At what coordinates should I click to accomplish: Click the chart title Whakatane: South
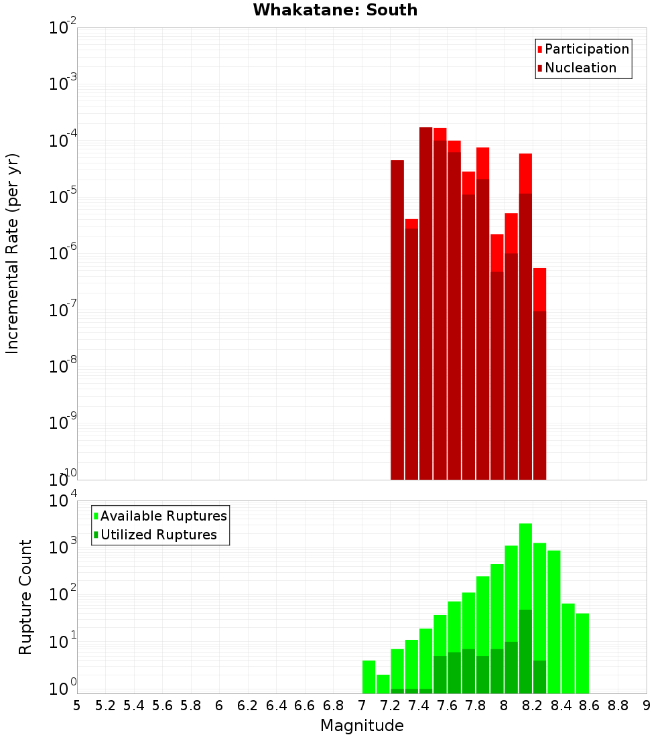pyautogui.click(x=335, y=10)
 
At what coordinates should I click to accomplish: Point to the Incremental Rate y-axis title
pyautogui.click(x=13, y=253)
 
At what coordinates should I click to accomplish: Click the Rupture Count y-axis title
pyautogui.click(x=25, y=596)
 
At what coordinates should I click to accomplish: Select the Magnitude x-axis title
pyautogui.click(x=362, y=726)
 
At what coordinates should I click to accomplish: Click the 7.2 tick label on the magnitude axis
pyautogui.click(x=390, y=706)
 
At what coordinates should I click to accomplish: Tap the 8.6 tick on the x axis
pyautogui.click(x=590, y=706)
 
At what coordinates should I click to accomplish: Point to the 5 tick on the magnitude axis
pyautogui.click(x=77, y=706)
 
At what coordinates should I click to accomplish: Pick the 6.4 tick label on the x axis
pyautogui.click(x=276, y=706)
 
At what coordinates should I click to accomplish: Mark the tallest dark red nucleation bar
pyautogui.click(x=425, y=301)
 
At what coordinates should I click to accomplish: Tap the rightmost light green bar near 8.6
pyautogui.click(x=582, y=653)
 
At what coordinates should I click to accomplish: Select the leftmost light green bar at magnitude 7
pyautogui.click(x=368, y=677)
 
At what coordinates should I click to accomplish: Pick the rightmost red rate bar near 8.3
pyautogui.click(x=539, y=389)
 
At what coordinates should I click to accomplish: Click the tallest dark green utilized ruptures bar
pyautogui.click(x=525, y=650)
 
